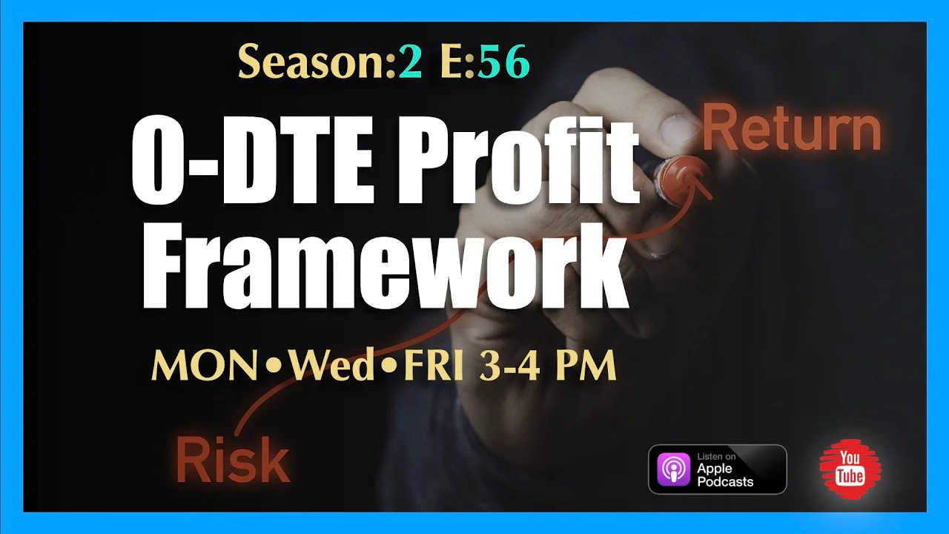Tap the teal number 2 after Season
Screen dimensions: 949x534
click(410, 62)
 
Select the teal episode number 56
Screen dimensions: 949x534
click(503, 62)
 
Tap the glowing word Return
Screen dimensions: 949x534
click(792, 128)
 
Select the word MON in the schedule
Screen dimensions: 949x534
click(204, 366)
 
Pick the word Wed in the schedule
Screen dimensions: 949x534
click(331, 366)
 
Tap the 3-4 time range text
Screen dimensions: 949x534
click(509, 366)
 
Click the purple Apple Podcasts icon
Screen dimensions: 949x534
click(673, 469)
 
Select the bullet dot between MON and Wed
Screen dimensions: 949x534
click(274, 366)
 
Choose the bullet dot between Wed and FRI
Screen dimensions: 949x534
click(388, 366)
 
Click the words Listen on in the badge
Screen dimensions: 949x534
click(716, 456)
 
